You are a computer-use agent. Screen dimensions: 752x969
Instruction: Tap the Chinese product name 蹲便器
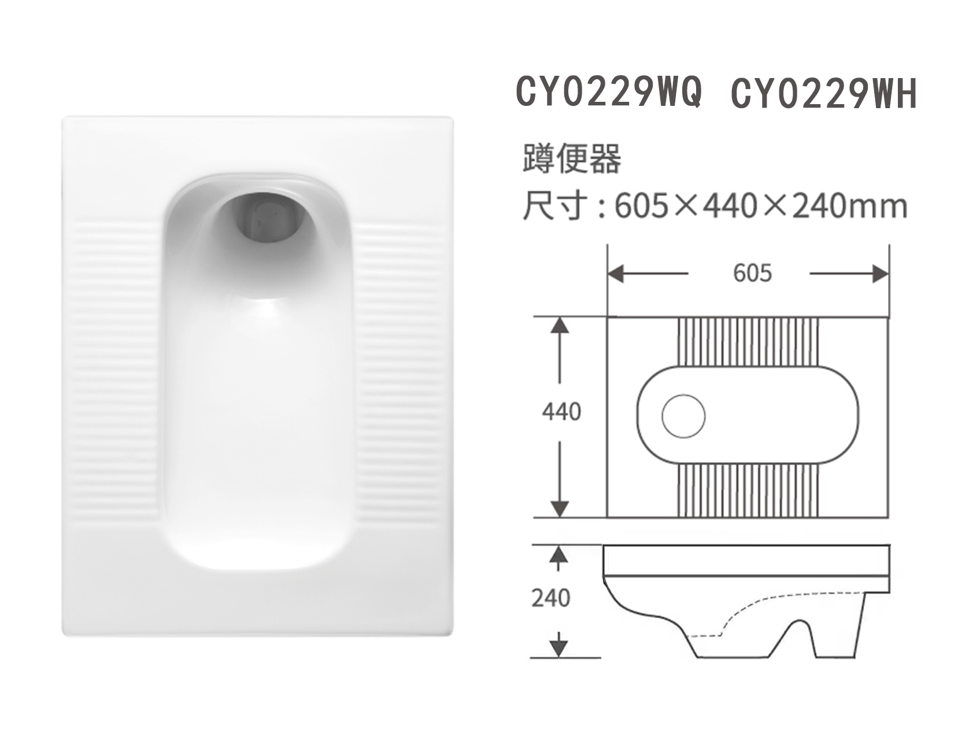pyautogui.click(x=571, y=158)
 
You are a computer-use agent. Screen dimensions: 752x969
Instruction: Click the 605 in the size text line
pyautogui.click(x=641, y=206)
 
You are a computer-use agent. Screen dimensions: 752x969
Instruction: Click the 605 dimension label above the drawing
pyautogui.click(x=752, y=273)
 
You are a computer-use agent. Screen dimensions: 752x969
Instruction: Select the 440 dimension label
pyautogui.click(x=561, y=412)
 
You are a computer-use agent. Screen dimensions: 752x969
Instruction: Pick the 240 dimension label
pyautogui.click(x=550, y=598)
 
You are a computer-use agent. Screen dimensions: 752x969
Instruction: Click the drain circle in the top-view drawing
pyautogui.click(x=683, y=416)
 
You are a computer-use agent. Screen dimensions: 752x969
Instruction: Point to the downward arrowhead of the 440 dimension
pyautogui.click(x=559, y=508)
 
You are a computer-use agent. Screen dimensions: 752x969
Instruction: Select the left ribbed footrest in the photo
pyautogui.click(x=114, y=370)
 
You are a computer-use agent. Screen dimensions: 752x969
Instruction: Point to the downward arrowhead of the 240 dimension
pyautogui.click(x=558, y=648)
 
